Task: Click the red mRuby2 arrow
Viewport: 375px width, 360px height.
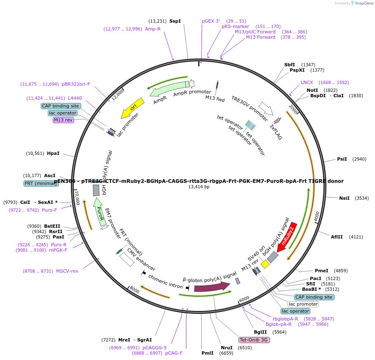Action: [287, 238]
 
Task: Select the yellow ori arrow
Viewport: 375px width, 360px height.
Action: [133, 108]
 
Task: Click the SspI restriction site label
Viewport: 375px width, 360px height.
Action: [175, 21]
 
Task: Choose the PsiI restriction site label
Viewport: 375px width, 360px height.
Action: [342, 159]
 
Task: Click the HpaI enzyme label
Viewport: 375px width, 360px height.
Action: [53, 153]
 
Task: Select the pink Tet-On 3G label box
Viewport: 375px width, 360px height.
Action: [254, 340]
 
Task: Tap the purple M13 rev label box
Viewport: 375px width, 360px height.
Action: [62, 120]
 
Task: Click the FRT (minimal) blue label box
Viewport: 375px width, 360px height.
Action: [41, 183]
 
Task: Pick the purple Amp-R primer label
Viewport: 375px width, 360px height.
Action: [152, 29]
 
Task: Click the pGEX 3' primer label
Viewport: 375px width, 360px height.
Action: [211, 21]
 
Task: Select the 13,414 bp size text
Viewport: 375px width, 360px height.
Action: [199, 187]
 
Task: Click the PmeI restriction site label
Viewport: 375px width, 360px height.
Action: [321, 271]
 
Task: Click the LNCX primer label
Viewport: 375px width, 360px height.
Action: [307, 82]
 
